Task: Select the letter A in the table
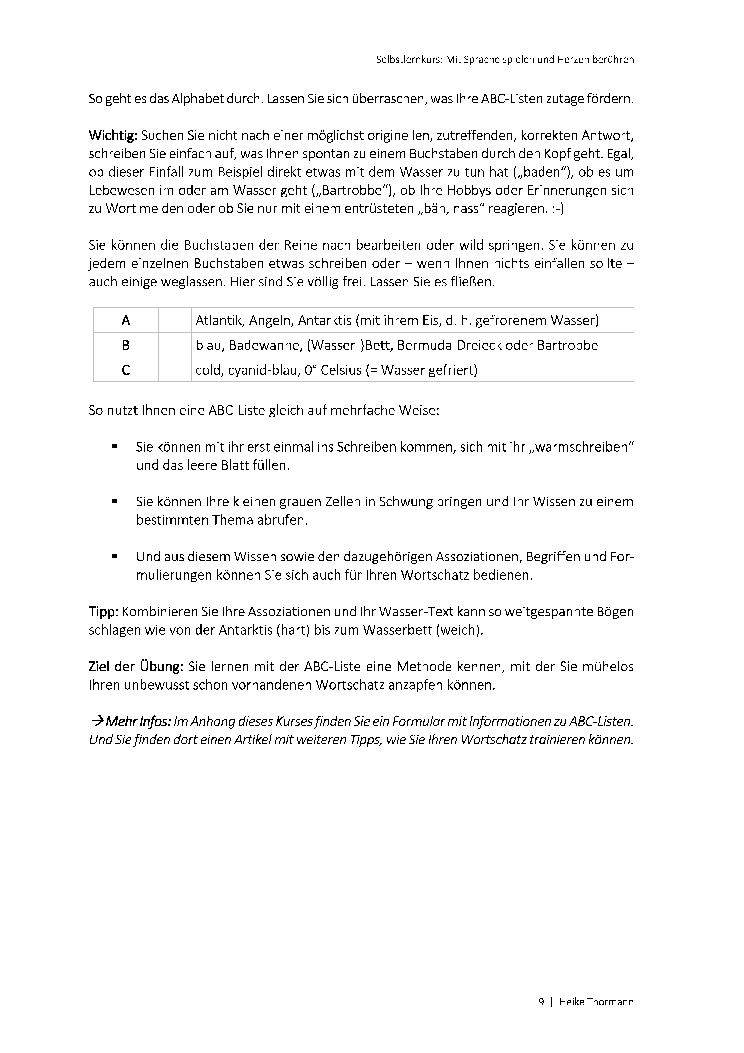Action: tap(126, 321)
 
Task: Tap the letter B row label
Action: tap(126, 345)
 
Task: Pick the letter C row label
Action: tap(126, 370)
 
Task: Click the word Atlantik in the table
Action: tap(219, 321)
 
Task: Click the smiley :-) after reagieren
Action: tap(558, 209)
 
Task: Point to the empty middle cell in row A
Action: tap(175, 321)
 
